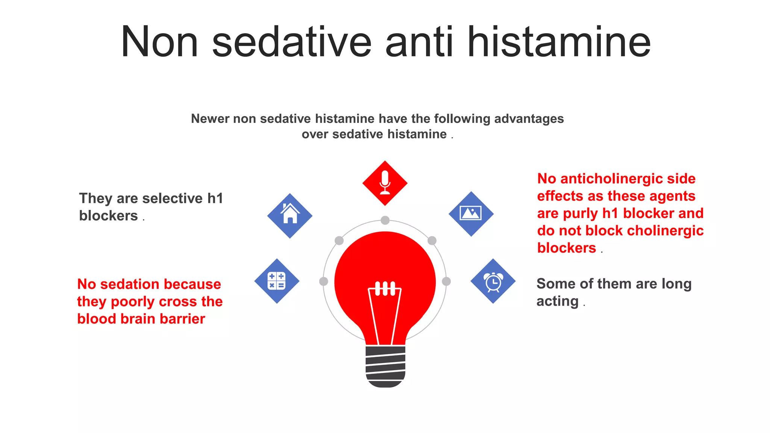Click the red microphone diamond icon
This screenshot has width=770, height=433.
385,183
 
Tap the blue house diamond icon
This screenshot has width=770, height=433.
290,216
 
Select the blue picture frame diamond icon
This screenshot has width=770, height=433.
471,214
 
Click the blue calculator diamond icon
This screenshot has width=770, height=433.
277,281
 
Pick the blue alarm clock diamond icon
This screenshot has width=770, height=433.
493,281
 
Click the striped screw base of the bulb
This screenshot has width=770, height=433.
385,366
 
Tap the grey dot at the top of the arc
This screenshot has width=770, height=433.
385,220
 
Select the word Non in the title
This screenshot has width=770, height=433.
159,42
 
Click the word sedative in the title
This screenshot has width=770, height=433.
292,42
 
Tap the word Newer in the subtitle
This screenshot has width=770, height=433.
210,119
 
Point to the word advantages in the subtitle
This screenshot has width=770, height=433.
529,119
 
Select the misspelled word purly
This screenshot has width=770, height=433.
579,213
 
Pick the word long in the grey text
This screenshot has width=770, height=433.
676,284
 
